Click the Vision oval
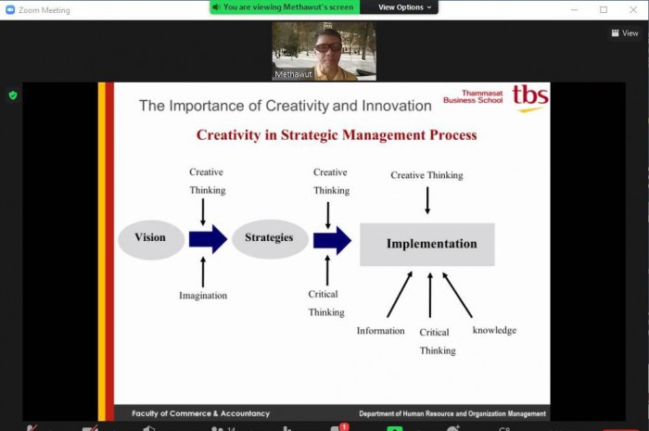click(151, 239)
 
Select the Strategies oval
click(270, 239)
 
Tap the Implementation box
click(427, 244)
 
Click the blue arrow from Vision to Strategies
click(208, 239)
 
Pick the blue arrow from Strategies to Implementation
click(332, 240)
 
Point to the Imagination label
click(203, 296)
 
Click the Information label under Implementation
click(380, 331)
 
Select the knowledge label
click(494, 330)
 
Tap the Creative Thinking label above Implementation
click(426, 175)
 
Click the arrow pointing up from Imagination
click(203, 272)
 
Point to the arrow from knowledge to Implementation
click(457, 295)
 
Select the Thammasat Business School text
click(473, 96)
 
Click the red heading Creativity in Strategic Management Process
click(337, 134)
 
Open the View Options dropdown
click(404, 7)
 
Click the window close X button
click(633, 9)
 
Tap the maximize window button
click(604, 9)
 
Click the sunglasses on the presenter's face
click(328, 47)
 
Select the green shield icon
click(13, 95)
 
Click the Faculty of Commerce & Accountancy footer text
click(201, 413)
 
